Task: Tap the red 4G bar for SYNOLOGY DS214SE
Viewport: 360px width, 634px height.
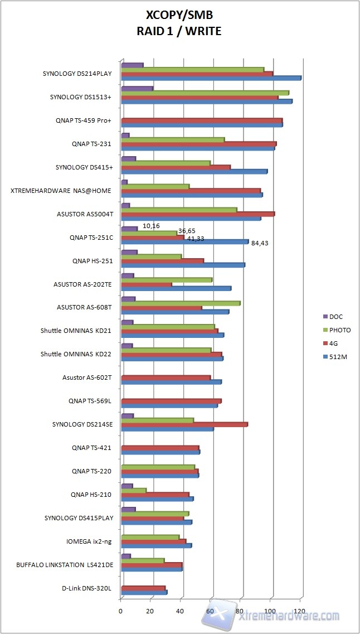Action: point(184,424)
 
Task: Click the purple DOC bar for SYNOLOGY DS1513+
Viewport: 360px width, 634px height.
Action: point(137,89)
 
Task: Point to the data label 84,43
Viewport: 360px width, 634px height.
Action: point(260,243)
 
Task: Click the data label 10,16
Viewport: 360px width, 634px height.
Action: point(151,226)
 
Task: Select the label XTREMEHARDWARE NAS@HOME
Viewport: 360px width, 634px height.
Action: point(61,191)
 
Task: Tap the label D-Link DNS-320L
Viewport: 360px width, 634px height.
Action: point(87,588)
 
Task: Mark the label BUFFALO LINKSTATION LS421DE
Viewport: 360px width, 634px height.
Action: point(65,565)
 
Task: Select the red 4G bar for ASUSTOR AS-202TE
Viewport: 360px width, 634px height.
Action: point(146,284)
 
